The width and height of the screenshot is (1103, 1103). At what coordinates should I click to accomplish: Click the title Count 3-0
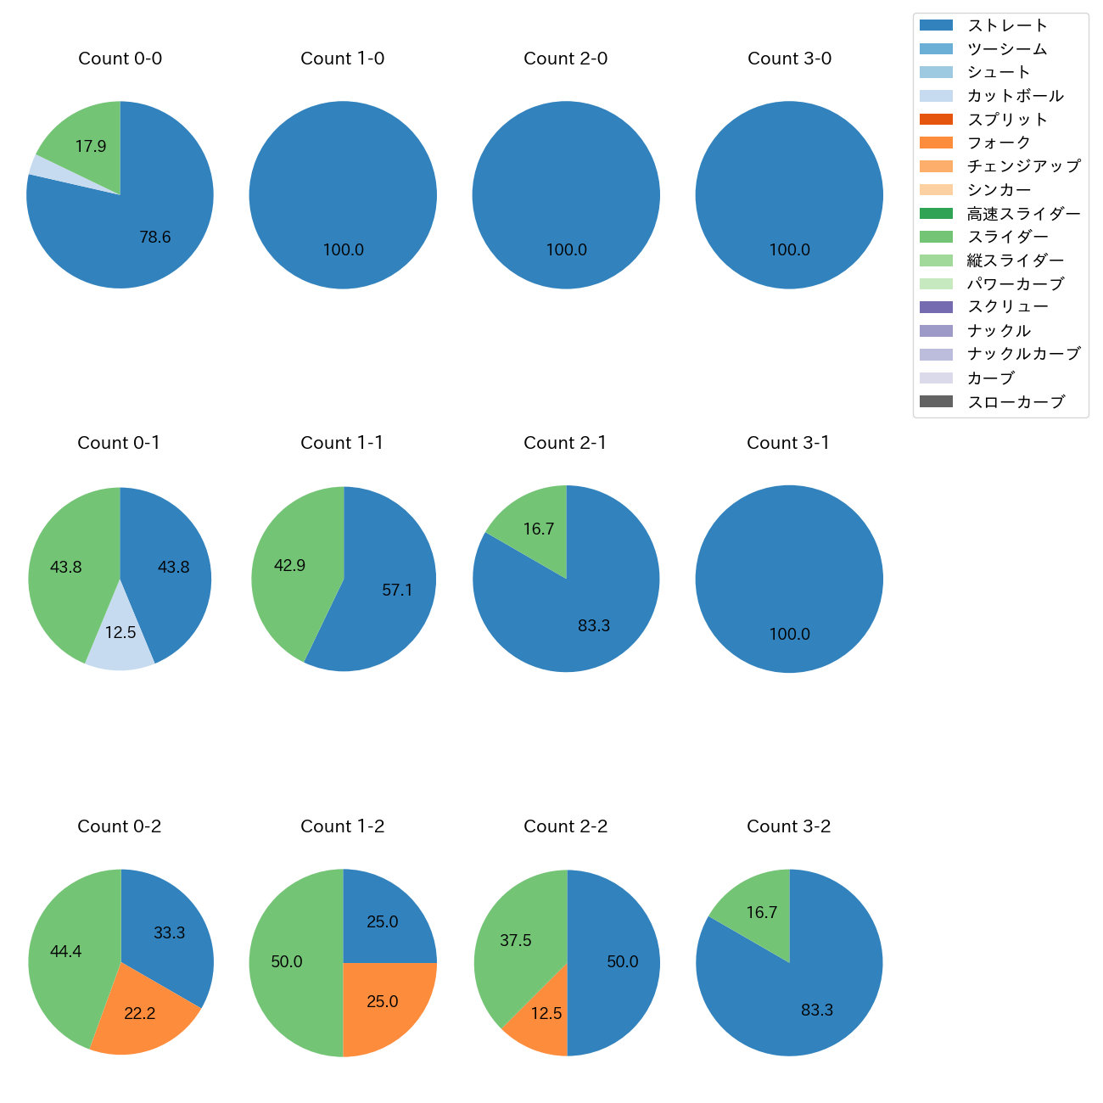[x=789, y=59]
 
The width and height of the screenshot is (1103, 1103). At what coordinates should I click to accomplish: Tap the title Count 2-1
[x=565, y=443]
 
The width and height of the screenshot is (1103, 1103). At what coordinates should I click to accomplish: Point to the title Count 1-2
[x=342, y=826]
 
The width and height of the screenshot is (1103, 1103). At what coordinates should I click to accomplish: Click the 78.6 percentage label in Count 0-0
[x=155, y=238]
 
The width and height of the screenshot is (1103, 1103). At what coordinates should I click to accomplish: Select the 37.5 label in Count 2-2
[x=516, y=940]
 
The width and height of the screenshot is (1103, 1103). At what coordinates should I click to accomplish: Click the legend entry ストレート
[x=1007, y=25]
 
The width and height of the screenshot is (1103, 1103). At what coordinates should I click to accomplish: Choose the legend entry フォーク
[x=999, y=143]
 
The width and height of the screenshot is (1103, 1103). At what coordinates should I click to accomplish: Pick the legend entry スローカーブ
[x=1016, y=402]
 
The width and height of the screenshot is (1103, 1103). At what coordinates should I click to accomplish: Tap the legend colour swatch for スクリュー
[x=936, y=307]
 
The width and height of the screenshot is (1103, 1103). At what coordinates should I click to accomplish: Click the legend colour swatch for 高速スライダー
[x=936, y=213]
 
